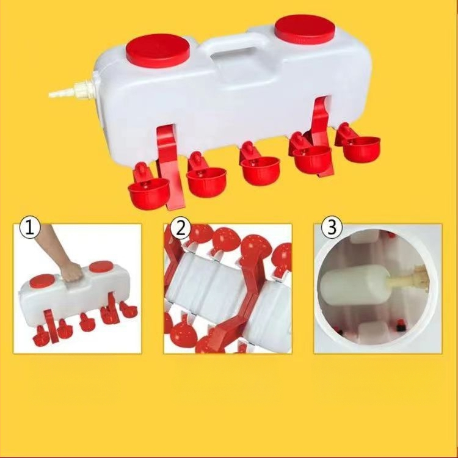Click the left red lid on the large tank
click(x=158, y=51)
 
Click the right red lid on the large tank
click(x=305, y=29)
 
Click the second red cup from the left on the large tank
click(x=206, y=178)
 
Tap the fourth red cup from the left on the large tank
click(x=311, y=156)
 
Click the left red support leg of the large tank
click(x=169, y=167)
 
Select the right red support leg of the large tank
click(x=323, y=134)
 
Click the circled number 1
click(x=29, y=227)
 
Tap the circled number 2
click(x=181, y=227)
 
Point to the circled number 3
click(x=332, y=227)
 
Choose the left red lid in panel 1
click(x=42, y=281)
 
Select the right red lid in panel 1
click(x=101, y=267)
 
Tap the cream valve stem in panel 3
click(x=407, y=280)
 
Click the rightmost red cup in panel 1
click(x=128, y=308)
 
